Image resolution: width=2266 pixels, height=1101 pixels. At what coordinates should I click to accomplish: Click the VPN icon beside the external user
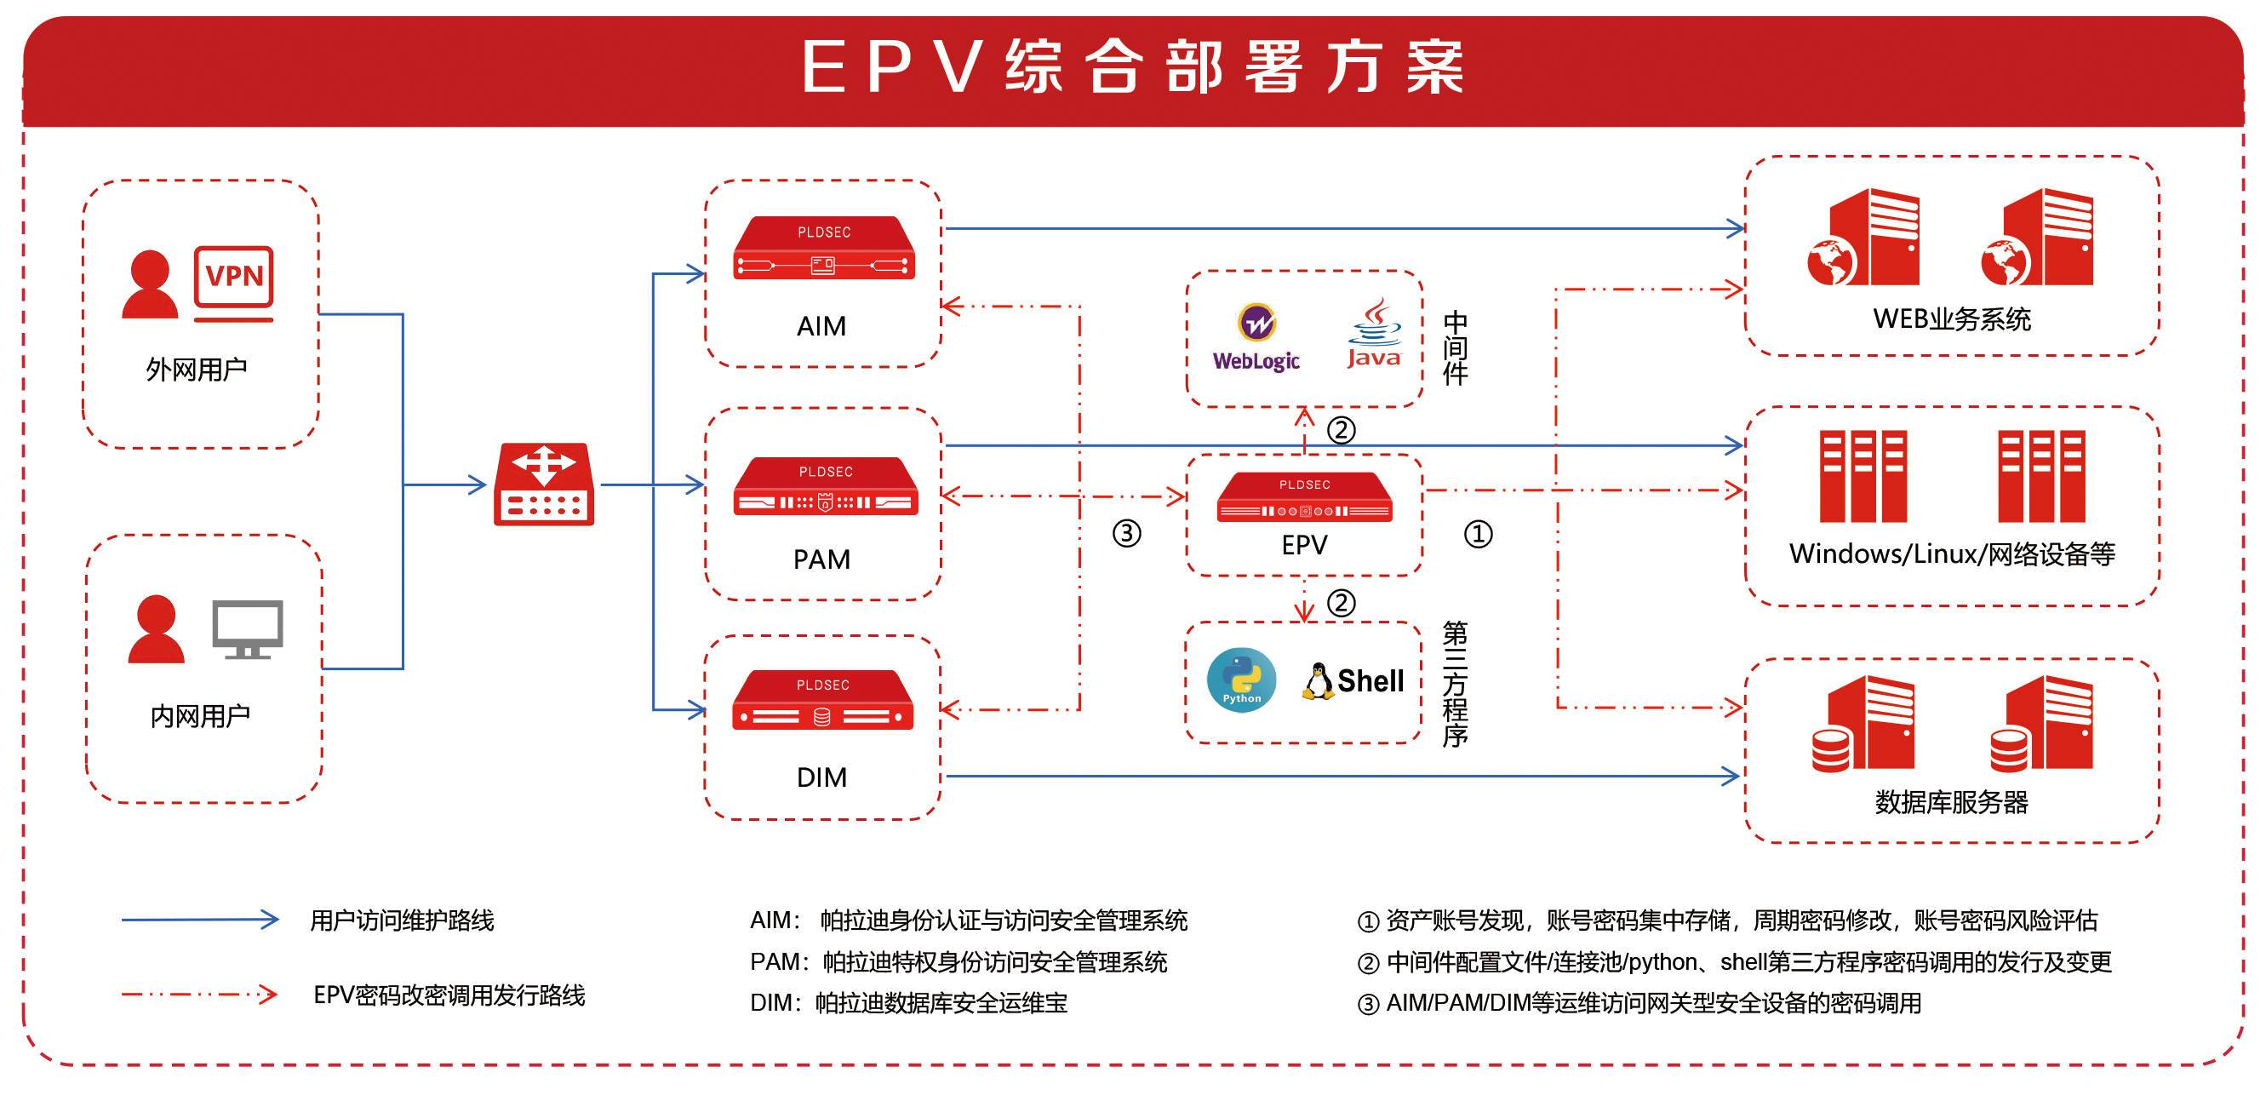click(234, 282)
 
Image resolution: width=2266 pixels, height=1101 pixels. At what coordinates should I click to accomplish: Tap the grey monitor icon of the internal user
click(247, 628)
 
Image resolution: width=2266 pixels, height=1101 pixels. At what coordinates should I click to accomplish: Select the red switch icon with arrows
click(544, 485)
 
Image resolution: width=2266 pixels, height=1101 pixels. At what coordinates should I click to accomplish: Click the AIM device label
click(821, 326)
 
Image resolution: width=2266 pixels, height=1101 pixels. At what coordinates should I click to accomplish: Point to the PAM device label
click(821, 559)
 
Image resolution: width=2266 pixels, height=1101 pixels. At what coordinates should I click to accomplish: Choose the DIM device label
click(821, 777)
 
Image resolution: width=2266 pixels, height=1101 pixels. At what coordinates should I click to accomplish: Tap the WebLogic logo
click(1256, 338)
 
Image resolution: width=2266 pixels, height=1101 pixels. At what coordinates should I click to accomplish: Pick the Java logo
click(1374, 335)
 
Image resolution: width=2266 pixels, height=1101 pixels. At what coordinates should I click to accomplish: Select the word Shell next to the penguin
click(1370, 681)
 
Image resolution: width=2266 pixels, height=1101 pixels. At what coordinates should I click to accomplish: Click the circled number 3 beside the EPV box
click(1126, 533)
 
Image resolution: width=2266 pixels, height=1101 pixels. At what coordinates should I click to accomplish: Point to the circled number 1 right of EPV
click(1478, 534)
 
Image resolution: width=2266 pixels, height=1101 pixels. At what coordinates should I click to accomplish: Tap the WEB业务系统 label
click(1951, 319)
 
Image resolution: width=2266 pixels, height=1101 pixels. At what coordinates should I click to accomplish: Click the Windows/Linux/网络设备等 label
click(1951, 554)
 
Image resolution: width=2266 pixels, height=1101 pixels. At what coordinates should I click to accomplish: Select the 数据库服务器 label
click(1951, 802)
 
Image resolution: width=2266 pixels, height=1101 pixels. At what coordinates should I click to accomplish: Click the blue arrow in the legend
click(201, 920)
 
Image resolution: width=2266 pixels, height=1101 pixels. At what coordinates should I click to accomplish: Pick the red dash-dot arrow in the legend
click(201, 995)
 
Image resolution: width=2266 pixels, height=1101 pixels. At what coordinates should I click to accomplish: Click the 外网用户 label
click(196, 370)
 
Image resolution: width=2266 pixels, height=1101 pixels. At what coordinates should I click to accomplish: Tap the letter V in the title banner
click(958, 67)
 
